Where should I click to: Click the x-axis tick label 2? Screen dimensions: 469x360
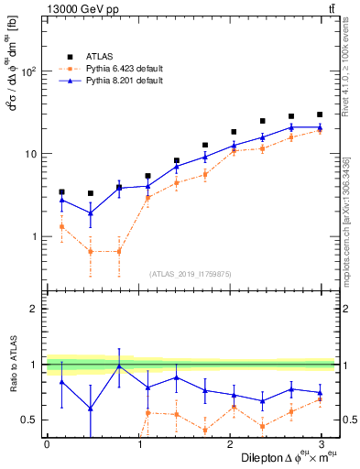point(229,444)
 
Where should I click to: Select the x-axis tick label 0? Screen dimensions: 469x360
point(47,444)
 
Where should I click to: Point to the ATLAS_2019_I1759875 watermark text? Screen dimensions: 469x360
point(191,273)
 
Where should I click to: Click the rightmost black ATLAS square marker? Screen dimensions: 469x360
point(320,115)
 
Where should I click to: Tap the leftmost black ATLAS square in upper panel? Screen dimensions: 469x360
point(61,192)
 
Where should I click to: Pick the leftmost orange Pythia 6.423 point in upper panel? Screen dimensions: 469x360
point(61,226)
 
